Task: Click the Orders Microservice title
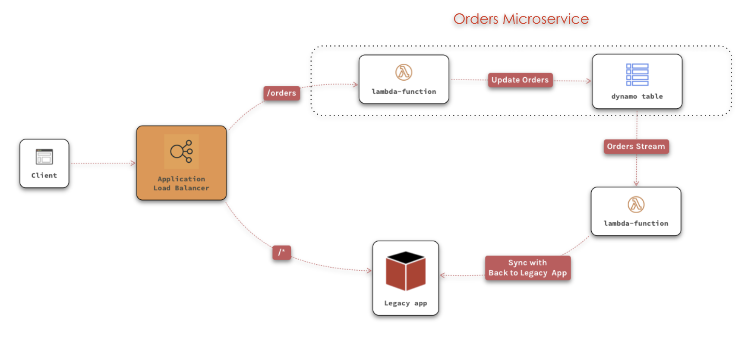pyautogui.click(x=521, y=19)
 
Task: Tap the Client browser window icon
pyautogui.click(x=44, y=157)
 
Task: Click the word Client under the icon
pyautogui.click(x=44, y=175)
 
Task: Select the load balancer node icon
pyautogui.click(x=181, y=151)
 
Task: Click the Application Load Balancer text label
pyautogui.click(x=181, y=183)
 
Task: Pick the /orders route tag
pyautogui.click(x=281, y=93)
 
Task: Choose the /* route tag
pyautogui.click(x=281, y=253)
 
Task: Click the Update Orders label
pyautogui.click(x=520, y=80)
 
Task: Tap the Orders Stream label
pyautogui.click(x=636, y=147)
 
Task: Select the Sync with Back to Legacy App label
pyautogui.click(x=527, y=268)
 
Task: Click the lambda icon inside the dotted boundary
pyautogui.click(x=404, y=73)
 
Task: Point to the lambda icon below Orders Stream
pyautogui.click(x=636, y=205)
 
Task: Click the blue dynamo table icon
pyautogui.click(x=637, y=75)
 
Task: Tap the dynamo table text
pyautogui.click(x=637, y=97)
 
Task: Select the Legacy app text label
pyautogui.click(x=405, y=303)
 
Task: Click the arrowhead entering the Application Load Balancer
pyautogui.click(x=133, y=163)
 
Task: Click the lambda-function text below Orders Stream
pyautogui.click(x=636, y=224)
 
